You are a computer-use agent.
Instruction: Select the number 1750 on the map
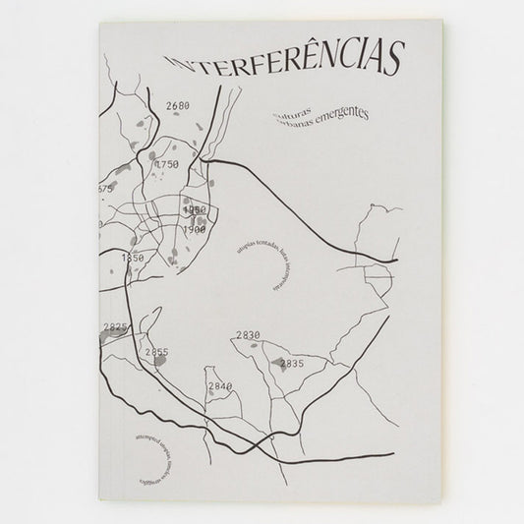(167, 165)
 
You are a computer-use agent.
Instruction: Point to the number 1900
(194, 229)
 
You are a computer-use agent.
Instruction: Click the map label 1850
(132, 258)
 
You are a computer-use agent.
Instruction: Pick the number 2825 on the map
(116, 326)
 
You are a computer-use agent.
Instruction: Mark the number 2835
(293, 365)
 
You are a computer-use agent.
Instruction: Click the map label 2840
(219, 386)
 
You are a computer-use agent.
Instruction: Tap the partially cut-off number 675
(105, 188)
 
